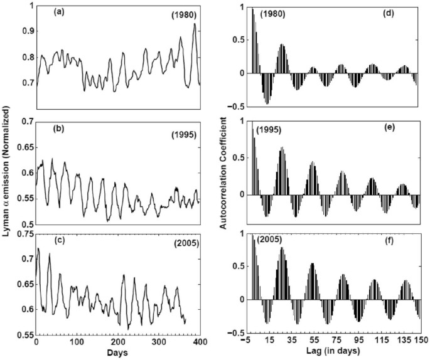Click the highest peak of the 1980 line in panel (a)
point(195,24)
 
